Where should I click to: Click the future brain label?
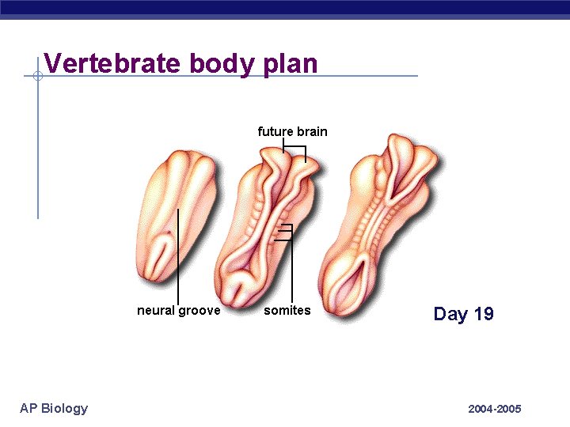292,131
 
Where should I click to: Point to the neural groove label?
179,310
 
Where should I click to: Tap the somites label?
287,310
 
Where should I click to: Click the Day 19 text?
463,314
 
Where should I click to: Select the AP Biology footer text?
54,408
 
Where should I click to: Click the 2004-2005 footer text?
495,409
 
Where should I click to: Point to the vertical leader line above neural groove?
178,253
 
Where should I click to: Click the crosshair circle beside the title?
37,77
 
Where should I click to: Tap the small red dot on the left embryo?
169,232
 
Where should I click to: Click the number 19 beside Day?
483,314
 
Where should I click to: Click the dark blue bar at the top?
285,9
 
